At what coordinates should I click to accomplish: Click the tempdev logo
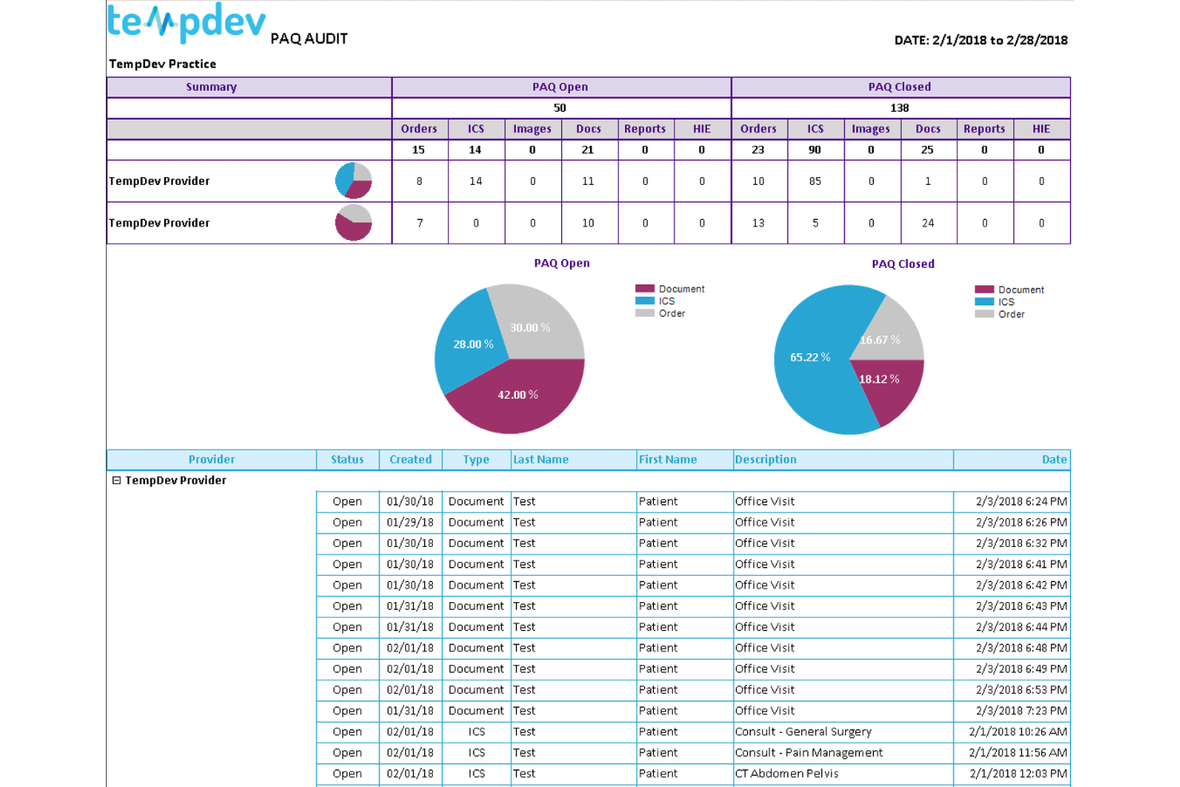point(186,22)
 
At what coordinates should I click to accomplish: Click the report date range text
point(981,40)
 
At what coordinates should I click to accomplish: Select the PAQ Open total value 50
point(560,108)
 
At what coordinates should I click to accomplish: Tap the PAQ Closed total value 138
point(899,108)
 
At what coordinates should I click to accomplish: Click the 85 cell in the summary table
point(815,181)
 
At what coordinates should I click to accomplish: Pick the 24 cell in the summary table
point(928,223)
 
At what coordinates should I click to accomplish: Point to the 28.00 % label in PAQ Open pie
point(473,344)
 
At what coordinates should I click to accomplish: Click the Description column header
point(765,459)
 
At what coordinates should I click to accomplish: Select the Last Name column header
point(541,459)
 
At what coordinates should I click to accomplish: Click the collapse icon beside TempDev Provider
point(116,480)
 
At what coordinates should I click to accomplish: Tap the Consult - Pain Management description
point(808,753)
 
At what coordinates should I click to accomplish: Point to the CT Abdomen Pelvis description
point(786,773)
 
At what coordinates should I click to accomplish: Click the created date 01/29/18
point(410,522)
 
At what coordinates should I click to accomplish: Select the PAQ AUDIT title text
point(309,38)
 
